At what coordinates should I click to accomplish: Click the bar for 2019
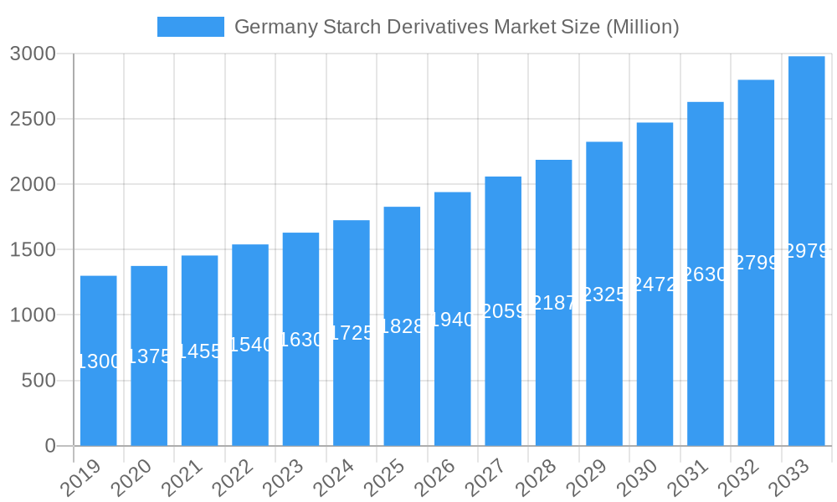click(99, 402)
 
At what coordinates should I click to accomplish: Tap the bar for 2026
click(453, 376)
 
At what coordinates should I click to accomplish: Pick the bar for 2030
click(655, 351)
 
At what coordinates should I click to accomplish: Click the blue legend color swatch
click(191, 27)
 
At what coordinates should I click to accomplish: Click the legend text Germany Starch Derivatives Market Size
click(456, 27)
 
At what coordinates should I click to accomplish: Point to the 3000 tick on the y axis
click(33, 54)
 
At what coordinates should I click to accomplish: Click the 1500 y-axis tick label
click(33, 249)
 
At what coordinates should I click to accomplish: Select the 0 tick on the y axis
click(50, 446)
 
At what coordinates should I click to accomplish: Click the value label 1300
click(99, 361)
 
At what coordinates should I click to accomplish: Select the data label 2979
click(807, 251)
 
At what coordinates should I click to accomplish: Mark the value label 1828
click(402, 326)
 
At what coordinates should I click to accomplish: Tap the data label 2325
click(604, 295)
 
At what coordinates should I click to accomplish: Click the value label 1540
click(250, 345)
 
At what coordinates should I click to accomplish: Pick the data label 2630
click(706, 274)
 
